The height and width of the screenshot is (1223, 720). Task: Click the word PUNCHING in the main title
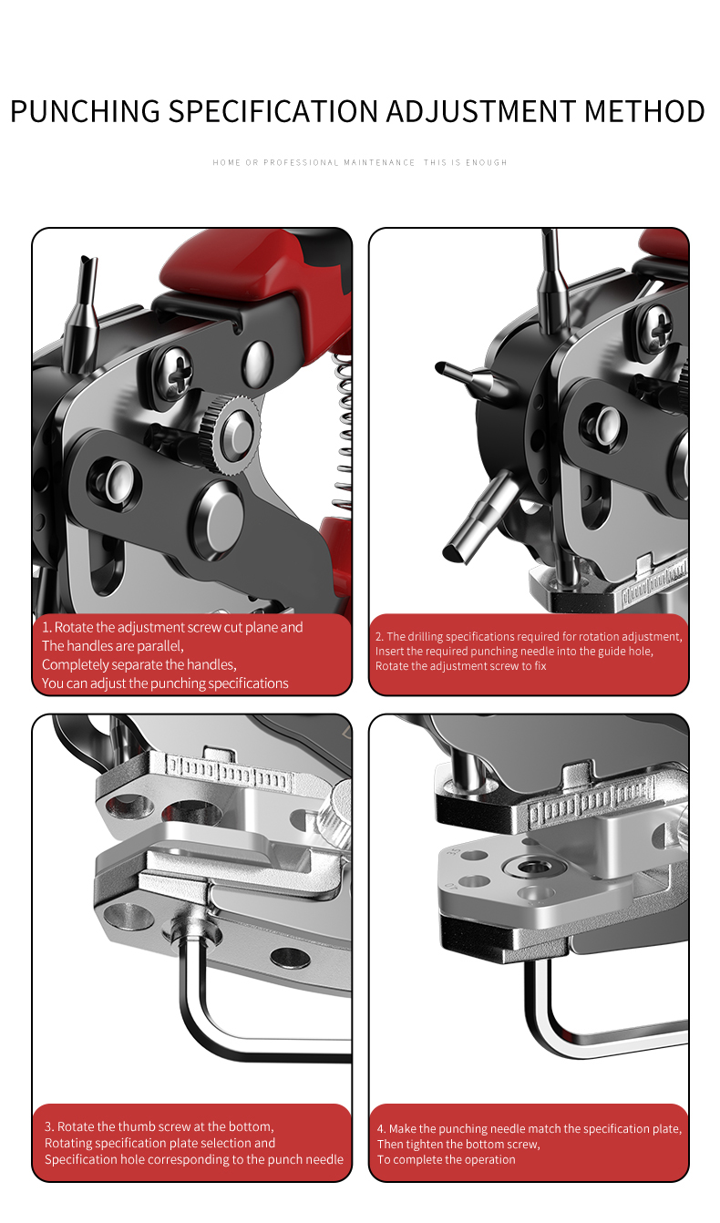coord(85,111)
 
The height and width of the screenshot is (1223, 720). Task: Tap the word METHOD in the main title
coord(644,111)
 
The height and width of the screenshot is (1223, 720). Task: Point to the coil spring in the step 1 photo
coord(341,426)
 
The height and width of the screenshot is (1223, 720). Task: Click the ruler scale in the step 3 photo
coord(229,771)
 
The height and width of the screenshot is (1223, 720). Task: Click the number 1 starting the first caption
coord(46,627)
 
